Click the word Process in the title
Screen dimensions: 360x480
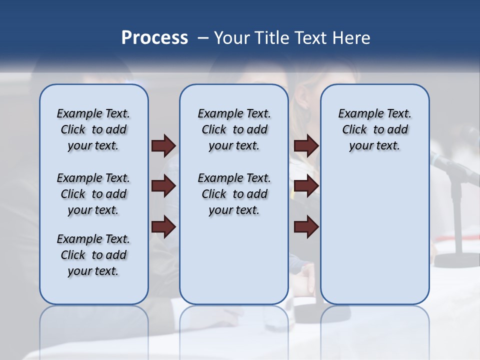pos(154,38)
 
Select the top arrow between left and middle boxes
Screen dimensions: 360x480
pos(163,146)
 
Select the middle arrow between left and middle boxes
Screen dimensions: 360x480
pos(163,186)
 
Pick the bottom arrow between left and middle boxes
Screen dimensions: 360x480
pos(163,227)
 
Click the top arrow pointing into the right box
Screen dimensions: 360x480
pos(306,146)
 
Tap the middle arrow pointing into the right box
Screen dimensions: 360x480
pos(306,186)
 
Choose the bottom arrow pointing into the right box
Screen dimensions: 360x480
pos(306,227)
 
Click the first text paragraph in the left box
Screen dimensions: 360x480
pos(93,129)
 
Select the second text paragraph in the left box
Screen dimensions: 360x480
pos(93,194)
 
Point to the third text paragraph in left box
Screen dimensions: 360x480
pos(93,255)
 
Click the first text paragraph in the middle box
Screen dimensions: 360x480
pos(234,129)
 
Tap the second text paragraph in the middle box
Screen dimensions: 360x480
pos(234,194)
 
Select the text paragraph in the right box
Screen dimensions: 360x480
pos(374,129)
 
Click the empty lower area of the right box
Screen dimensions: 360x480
pos(374,240)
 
